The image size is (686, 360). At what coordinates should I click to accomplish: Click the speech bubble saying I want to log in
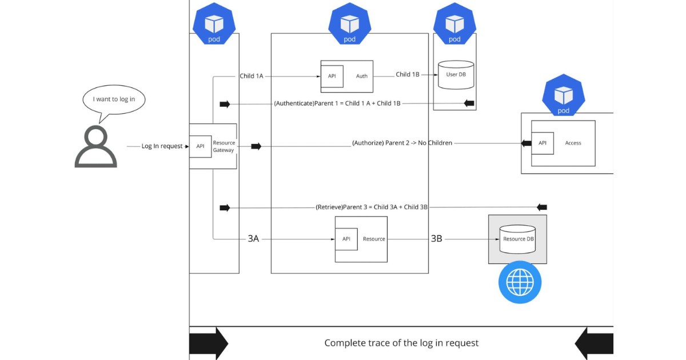pos(114,100)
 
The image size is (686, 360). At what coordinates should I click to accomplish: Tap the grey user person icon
pos(95,147)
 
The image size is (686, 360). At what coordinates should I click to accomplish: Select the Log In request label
pos(162,146)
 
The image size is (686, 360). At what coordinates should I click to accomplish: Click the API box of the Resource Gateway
pos(200,146)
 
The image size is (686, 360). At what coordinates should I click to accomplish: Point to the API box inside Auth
pos(332,76)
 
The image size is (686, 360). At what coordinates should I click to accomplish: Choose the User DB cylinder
pos(456,75)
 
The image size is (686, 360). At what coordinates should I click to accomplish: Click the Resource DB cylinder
pos(517,239)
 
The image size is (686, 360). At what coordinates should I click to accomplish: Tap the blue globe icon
pos(520,282)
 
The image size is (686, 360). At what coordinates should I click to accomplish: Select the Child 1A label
pos(252,75)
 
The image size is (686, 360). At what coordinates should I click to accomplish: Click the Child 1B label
pos(408,74)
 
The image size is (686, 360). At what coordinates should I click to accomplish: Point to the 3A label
pos(253,239)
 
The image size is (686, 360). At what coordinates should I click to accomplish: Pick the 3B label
pos(436,239)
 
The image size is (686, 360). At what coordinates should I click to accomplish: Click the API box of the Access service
pos(543,143)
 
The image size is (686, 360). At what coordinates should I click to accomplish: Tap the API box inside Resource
pos(346,239)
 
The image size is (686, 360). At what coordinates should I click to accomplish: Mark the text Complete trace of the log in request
pos(401,343)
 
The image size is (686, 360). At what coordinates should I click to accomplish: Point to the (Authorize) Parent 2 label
pos(402,143)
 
